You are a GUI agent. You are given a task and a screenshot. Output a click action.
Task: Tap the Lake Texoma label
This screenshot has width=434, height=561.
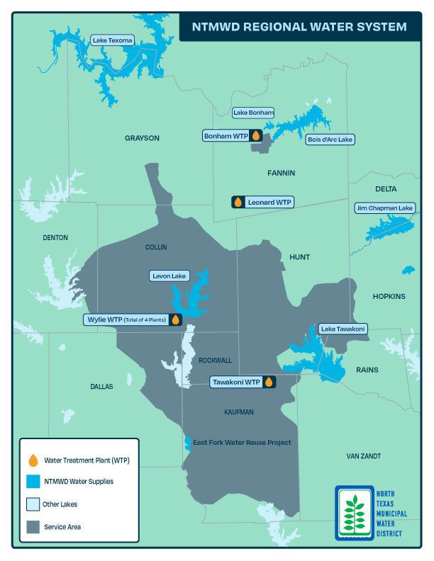click(112, 40)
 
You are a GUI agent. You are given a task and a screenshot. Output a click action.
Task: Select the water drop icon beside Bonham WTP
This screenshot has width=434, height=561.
click(256, 135)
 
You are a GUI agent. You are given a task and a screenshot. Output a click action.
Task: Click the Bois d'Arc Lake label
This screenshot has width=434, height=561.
click(330, 140)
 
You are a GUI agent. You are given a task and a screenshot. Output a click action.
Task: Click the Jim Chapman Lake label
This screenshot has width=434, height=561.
click(384, 208)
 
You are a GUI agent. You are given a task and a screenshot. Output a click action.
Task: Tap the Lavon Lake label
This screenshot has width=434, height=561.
click(169, 276)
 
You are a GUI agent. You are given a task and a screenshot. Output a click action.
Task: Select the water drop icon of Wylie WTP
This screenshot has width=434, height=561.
click(175, 319)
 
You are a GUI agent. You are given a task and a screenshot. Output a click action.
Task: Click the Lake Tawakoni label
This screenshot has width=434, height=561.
click(343, 329)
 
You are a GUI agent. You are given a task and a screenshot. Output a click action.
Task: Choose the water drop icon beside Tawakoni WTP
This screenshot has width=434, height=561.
click(269, 382)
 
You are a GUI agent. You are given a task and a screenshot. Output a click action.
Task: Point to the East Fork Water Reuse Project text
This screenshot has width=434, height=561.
click(243, 443)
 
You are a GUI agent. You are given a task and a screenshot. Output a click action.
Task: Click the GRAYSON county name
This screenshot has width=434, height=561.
click(142, 138)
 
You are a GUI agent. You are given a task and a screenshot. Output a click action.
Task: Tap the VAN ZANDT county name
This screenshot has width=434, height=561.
click(368, 455)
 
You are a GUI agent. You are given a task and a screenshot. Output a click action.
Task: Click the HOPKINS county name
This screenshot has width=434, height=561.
click(389, 296)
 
